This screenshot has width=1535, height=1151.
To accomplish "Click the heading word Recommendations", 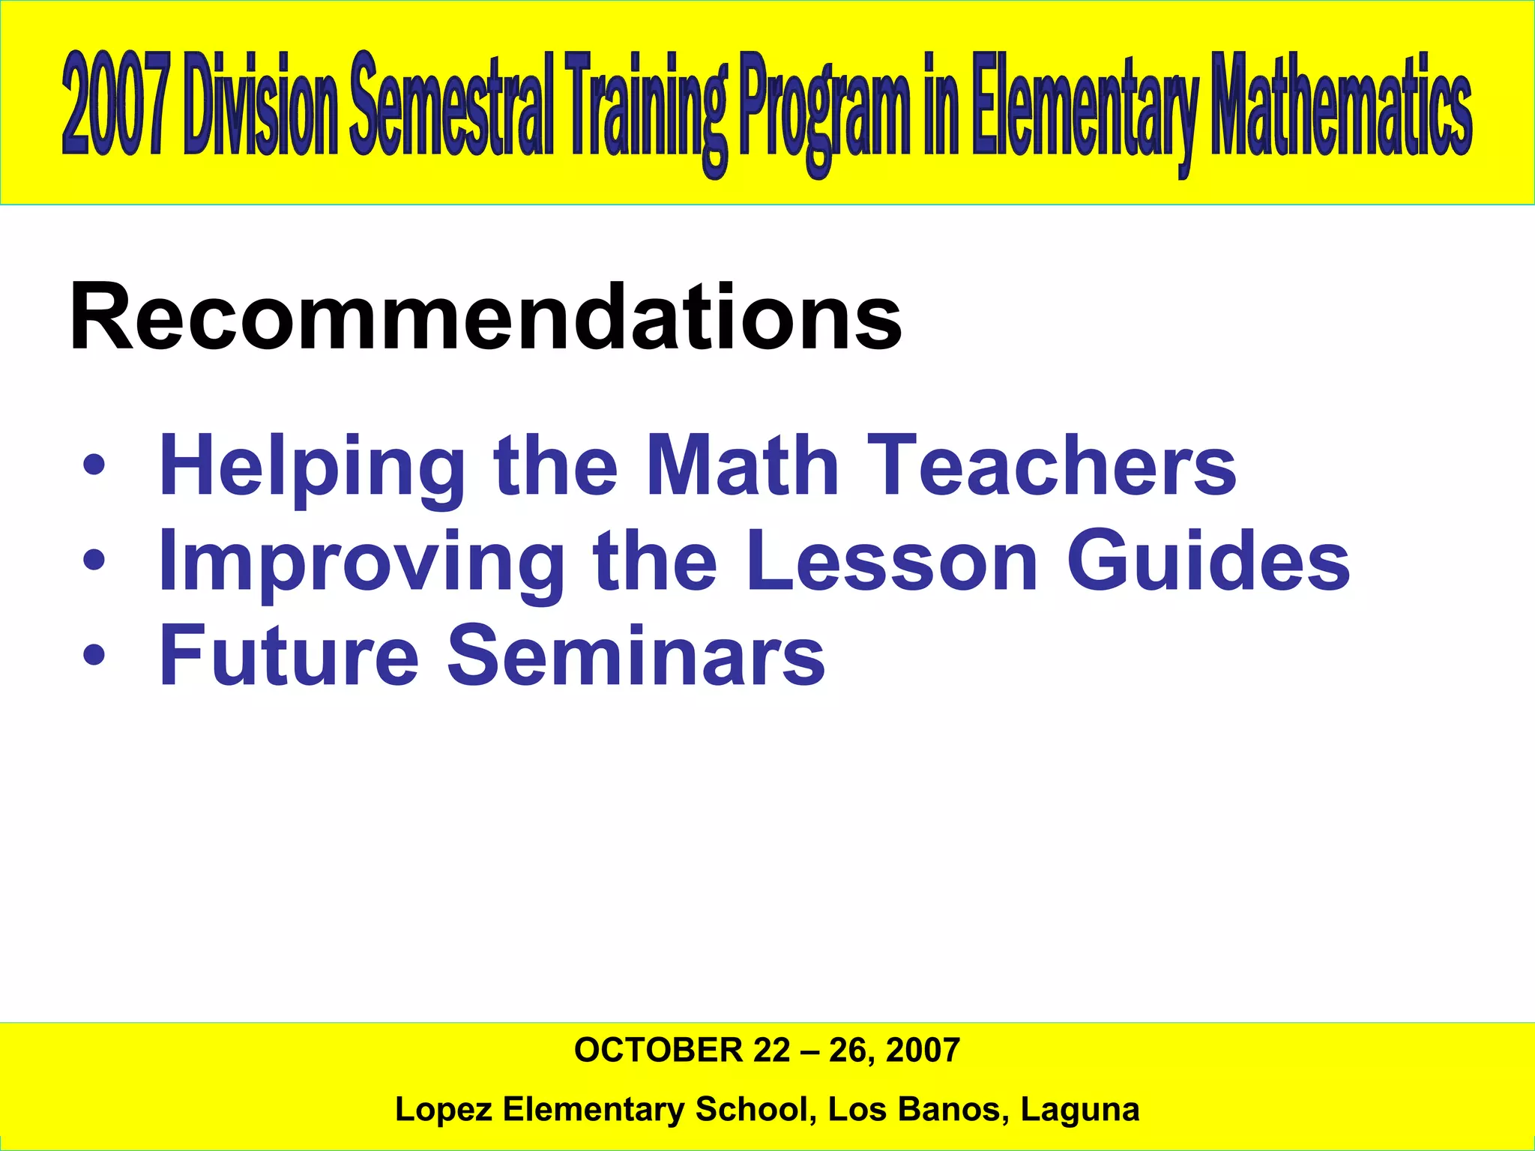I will [x=485, y=318].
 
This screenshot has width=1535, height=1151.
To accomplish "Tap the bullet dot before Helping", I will [x=94, y=466].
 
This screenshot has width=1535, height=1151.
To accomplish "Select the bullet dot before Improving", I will [x=94, y=561].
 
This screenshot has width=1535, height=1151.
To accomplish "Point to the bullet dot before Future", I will [x=94, y=656].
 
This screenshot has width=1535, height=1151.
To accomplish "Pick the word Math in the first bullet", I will [x=742, y=466].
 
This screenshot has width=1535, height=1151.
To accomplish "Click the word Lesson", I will [x=892, y=561].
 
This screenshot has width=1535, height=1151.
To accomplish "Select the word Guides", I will [x=1208, y=561].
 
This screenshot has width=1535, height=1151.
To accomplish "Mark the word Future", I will [x=289, y=656].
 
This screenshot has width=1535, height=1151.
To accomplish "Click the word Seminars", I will [x=636, y=656].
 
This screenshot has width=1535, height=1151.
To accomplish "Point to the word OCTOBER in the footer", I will [x=658, y=1051].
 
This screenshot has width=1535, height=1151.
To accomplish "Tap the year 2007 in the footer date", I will [x=923, y=1051].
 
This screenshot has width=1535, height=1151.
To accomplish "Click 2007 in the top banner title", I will [x=114, y=105].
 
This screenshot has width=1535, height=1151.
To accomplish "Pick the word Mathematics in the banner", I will [x=1342, y=105].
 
